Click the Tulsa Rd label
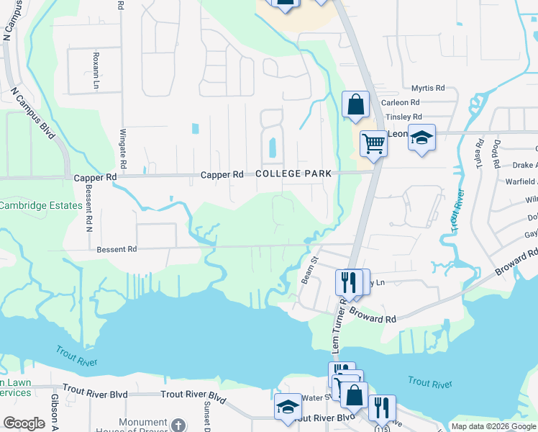[x=478, y=153]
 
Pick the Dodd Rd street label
[x=496, y=153]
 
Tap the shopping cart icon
[x=373, y=144]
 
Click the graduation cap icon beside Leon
[x=421, y=137]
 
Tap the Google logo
[x=24, y=423]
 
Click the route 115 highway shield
[x=380, y=428]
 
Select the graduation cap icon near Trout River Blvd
[x=288, y=407]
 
